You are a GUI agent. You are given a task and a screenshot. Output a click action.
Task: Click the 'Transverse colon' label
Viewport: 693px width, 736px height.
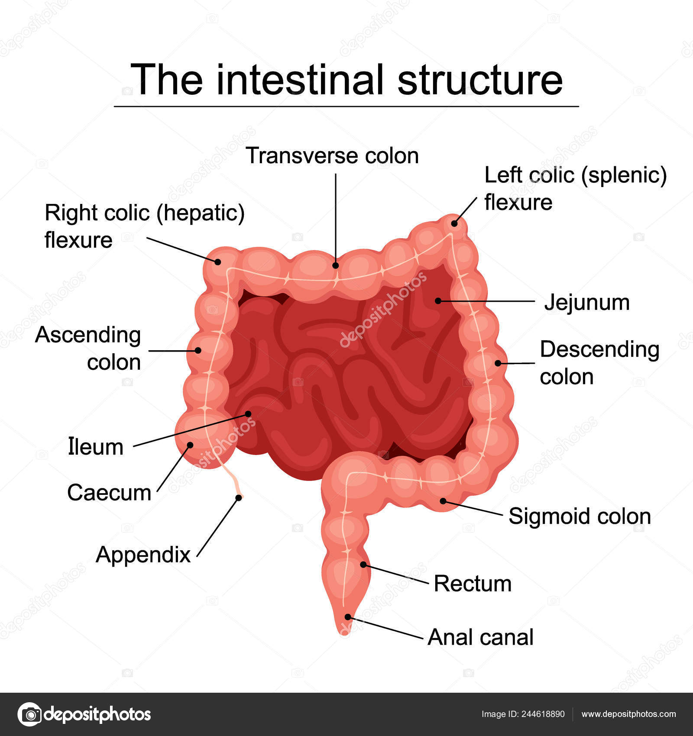[332, 156]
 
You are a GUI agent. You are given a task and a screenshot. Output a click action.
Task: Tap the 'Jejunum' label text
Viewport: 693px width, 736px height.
[586, 302]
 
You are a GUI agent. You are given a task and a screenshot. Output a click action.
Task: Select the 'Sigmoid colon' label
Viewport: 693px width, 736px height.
[580, 516]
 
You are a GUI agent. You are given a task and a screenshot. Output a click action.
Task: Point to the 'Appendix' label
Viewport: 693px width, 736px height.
[143, 555]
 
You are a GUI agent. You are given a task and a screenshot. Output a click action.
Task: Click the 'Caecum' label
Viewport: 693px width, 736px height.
[109, 493]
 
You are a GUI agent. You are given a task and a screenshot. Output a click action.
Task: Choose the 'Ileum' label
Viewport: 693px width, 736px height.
[96, 447]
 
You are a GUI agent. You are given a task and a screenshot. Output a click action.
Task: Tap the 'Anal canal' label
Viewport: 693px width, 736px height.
[480, 637]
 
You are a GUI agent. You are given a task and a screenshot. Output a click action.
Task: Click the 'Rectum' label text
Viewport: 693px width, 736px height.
[473, 584]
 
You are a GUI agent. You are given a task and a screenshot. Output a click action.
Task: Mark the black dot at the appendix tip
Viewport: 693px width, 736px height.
[239, 498]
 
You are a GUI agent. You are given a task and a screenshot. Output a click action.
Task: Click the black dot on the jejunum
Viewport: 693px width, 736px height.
[438, 300]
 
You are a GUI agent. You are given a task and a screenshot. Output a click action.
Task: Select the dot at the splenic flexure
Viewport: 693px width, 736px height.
[454, 223]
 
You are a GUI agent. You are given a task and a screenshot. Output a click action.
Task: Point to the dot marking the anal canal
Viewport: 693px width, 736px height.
[348, 617]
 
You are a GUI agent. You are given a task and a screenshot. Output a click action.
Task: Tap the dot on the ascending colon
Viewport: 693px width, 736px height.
[198, 350]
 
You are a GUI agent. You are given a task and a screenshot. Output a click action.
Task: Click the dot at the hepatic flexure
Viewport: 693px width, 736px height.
[218, 261]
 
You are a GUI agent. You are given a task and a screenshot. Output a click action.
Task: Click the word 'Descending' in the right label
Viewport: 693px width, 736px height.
[599, 349]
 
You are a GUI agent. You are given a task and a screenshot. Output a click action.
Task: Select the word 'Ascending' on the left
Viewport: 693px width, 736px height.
[88, 335]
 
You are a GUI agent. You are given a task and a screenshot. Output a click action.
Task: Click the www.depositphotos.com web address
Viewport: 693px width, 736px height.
[628, 714]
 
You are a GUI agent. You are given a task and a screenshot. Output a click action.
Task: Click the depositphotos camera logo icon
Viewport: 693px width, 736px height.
[29, 714]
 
